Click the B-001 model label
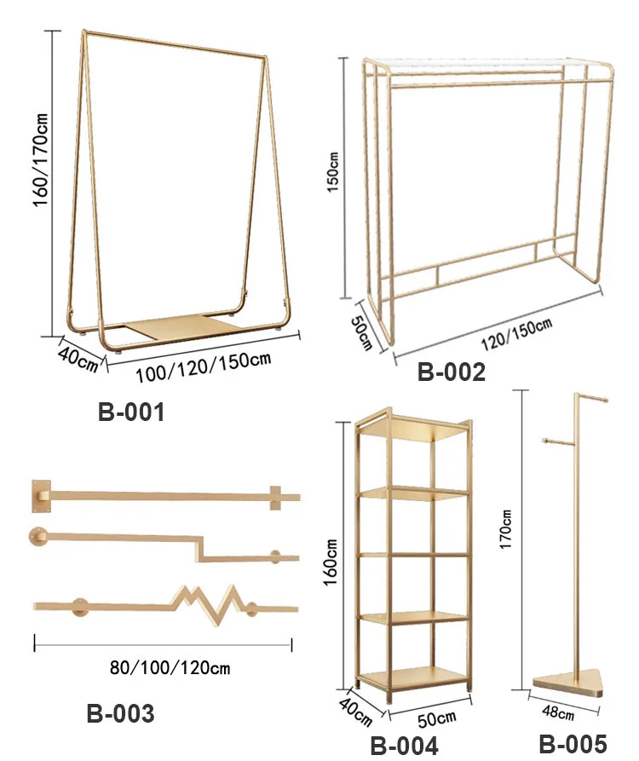pos(130,412)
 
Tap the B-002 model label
pos(451,372)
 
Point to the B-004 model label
pos(404,746)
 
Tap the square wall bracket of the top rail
pos(43,495)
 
